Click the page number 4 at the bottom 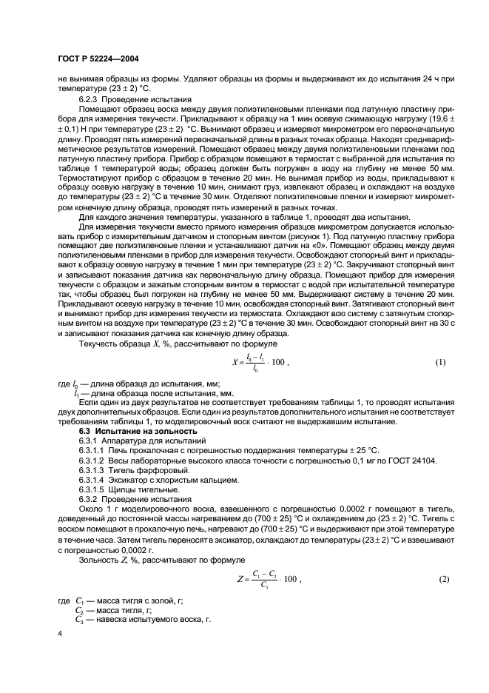[x=59, y=635]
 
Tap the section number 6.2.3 [x=90, y=98]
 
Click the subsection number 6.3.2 [x=90, y=499]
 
